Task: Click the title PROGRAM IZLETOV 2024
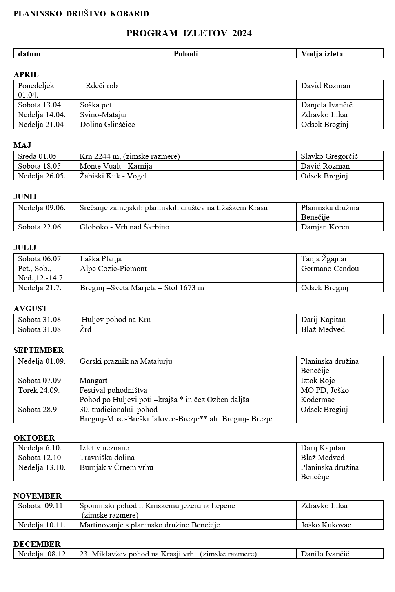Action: tap(189, 33)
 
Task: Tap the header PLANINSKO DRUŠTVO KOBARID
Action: tap(81, 14)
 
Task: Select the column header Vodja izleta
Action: tap(322, 53)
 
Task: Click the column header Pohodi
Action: tap(186, 53)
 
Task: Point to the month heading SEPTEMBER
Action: tap(39, 350)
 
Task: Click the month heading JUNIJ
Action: tap(25, 196)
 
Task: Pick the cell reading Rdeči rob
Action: tap(102, 86)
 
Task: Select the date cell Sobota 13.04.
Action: tap(40, 105)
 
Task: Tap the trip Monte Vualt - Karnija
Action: tap(116, 166)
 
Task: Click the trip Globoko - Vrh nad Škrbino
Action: tap(124, 227)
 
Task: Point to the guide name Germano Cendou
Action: tap(330, 269)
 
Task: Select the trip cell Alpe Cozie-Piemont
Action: tap(113, 269)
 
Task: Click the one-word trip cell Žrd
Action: tap(86, 329)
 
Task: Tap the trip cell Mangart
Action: tap(93, 381)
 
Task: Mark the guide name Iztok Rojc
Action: tap(317, 381)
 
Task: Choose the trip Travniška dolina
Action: tap(107, 458)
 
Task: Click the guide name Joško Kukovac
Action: tap(326, 525)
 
